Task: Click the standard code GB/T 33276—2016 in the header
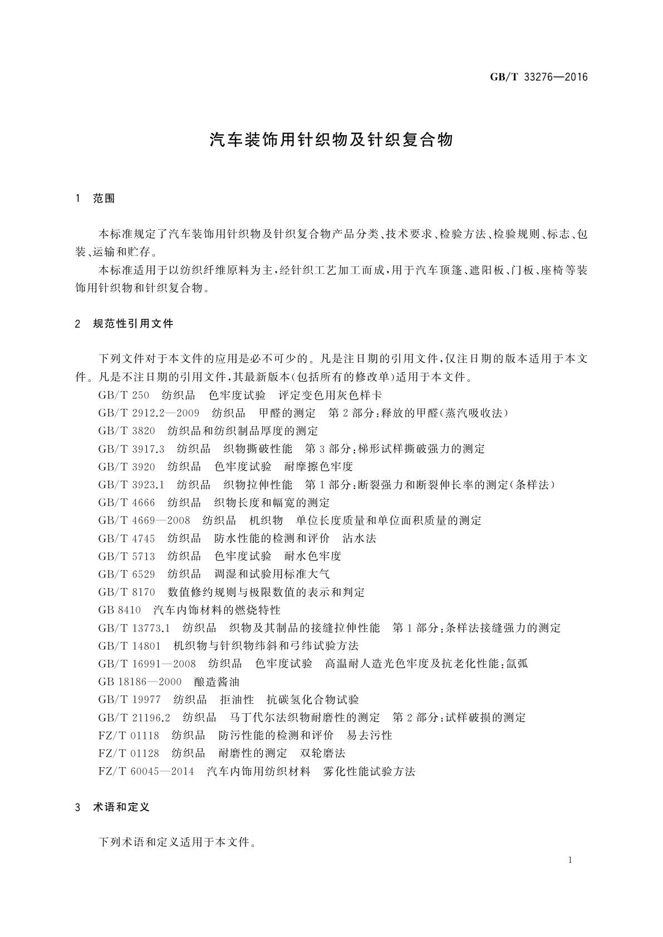538,77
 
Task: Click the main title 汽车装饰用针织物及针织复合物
331,140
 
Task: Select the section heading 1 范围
95,198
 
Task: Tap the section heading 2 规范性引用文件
124,323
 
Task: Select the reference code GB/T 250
124,395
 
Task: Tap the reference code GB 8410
119,610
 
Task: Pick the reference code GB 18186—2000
140,682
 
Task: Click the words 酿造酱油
217,682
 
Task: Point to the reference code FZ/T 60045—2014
146,771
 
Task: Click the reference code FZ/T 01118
129,736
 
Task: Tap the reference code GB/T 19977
129,699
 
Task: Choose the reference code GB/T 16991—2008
147,663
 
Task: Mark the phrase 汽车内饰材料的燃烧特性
217,610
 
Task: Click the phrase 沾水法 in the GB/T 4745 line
359,538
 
